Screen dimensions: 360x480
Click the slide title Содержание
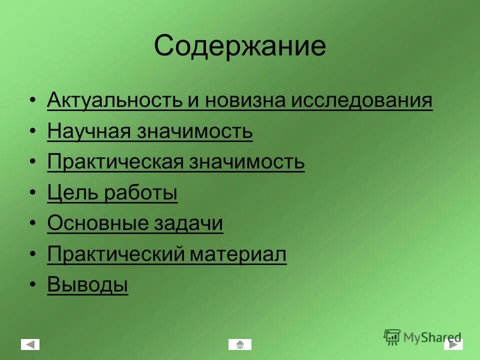point(239,46)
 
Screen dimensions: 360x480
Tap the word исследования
point(362,100)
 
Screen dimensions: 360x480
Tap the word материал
point(238,254)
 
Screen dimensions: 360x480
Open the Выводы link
point(87,285)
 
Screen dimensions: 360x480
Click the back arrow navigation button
point(30,344)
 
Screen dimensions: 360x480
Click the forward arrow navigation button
point(453,344)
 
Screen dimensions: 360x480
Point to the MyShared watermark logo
point(423,336)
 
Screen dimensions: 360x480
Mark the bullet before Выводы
point(32,285)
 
